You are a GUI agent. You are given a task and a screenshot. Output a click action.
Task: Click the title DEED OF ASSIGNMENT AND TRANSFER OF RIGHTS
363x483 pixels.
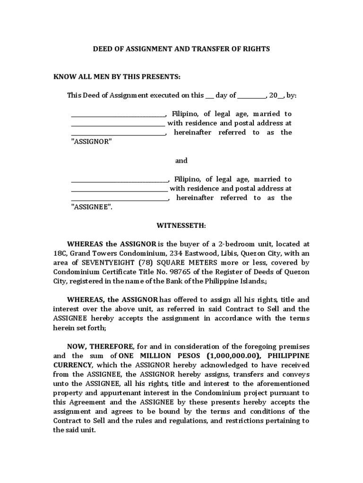coord(181,49)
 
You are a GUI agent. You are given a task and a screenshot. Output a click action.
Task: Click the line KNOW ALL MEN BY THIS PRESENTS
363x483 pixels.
coord(117,77)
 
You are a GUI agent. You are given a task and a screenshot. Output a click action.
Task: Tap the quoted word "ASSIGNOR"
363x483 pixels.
coord(91,142)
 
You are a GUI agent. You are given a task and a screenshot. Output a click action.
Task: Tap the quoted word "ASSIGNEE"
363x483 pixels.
coord(92,207)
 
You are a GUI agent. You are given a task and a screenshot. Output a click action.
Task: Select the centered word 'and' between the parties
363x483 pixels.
coord(181,160)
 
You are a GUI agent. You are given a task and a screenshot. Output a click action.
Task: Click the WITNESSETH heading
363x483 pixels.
coord(181,225)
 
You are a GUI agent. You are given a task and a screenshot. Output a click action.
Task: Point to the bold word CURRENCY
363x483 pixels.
coord(74,365)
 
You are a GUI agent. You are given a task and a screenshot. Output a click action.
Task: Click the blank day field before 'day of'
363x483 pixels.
coord(209,96)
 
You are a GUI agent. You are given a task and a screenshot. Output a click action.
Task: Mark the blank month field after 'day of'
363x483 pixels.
coord(251,96)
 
